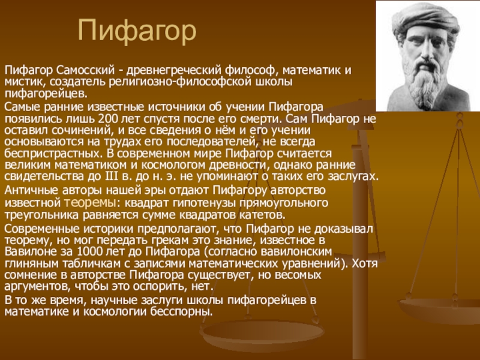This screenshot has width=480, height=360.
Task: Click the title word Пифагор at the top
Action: pyautogui.click(x=137, y=31)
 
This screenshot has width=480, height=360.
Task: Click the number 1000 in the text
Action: pyautogui.click(x=89, y=251)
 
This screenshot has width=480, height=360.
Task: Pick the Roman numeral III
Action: pyautogui.click(x=109, y=176)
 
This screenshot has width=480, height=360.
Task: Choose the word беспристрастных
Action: pyautogui.click(x=52, y=154)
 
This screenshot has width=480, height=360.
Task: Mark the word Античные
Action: pyautogui.click(x=32, y=190)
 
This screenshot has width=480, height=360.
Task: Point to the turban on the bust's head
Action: pyautogui.click(x=426, y=19)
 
